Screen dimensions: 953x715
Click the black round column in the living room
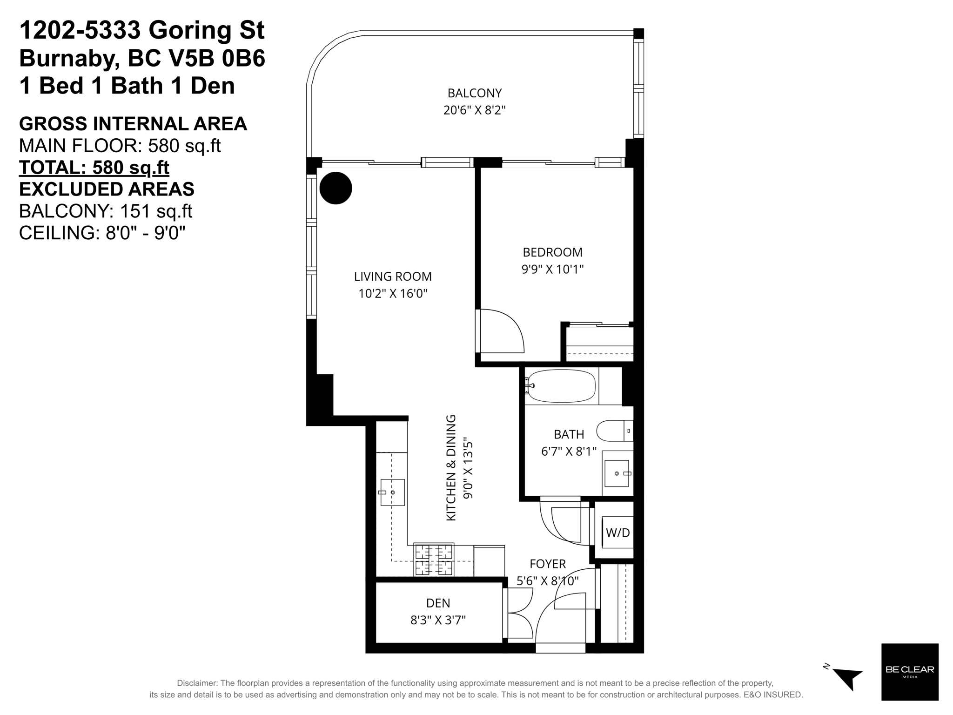[x=336, y=188]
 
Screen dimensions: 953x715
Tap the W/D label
[x=617, y=533]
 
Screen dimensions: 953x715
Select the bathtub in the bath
[x=560, y=386]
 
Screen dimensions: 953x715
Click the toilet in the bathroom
[x=614, y=431]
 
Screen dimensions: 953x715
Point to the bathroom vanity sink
[x=617, y=473]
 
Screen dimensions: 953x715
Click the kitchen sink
[x=392, y=492]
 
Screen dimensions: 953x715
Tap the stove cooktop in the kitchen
[x=434, y=560]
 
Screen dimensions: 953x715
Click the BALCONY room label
[x=475, y=93]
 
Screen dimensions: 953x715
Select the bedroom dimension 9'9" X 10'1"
[x=552, y=269]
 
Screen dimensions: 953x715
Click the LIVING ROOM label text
[x=393, y=277]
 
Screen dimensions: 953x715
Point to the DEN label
[x=438, y=603]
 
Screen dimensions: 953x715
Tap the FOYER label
[x=548, y=564]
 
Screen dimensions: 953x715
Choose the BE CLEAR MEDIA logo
[x=910, y=672]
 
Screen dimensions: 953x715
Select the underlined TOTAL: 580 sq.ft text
[x=94, y=167]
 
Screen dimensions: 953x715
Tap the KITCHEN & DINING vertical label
[x=451, y=468]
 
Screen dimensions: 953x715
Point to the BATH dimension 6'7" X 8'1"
[x=569, y=452]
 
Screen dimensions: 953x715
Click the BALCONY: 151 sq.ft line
[x=106, y=211]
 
